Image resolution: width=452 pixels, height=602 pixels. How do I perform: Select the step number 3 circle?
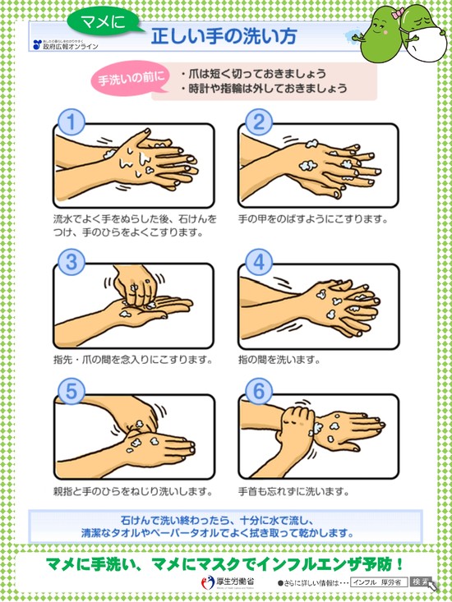tap(72, 263)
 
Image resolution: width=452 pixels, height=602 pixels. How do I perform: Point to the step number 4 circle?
tap(259, 263)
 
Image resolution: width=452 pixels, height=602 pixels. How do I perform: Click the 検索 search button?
tap(420, 581)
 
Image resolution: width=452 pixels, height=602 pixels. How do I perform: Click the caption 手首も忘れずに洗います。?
tap(293, 492)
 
